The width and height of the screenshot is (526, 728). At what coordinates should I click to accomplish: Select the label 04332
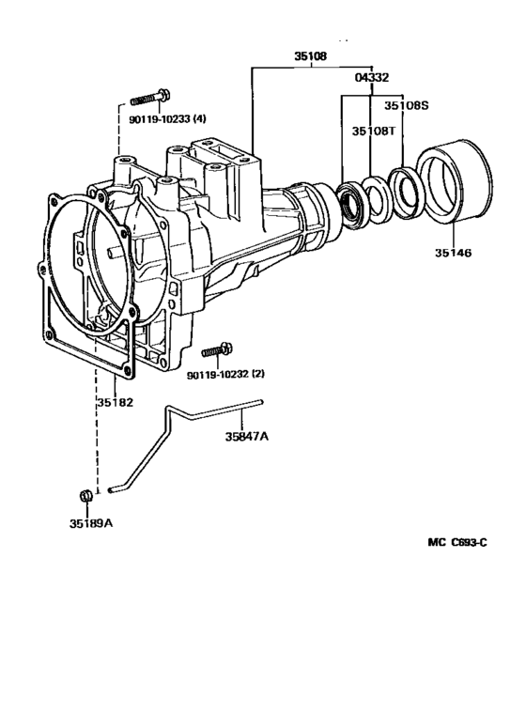372,78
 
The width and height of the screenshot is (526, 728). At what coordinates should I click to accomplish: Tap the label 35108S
406,105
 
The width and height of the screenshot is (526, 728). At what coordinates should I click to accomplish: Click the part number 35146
453,254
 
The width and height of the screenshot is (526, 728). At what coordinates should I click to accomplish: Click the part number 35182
114,403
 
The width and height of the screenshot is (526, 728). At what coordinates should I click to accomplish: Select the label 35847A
247,436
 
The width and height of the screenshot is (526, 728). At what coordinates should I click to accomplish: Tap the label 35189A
90,522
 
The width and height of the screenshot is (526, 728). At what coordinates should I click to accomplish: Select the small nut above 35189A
84,495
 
